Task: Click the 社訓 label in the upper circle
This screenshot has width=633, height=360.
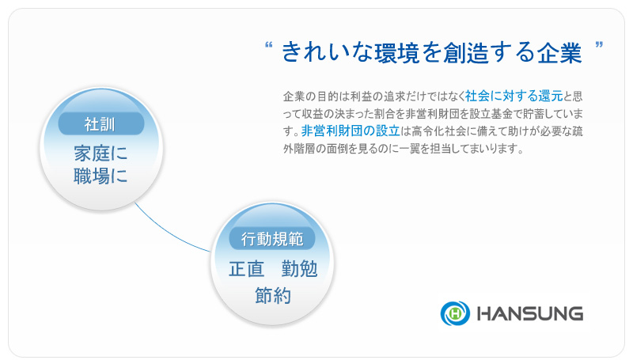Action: (x=101, y=123)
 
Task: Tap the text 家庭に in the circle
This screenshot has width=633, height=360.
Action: (x=100, y=153)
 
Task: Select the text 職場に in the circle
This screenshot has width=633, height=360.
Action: (x=100, y=176)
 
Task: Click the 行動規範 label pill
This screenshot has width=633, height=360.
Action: (x=272, y=238)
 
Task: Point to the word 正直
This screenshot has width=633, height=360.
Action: (x=246, y=269)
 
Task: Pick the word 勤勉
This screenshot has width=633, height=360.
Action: (x=299, y=269)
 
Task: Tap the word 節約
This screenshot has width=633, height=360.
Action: (x=272, y=296)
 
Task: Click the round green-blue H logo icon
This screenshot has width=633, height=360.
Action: (x=455, y=313)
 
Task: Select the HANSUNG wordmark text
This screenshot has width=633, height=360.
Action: (x=530, y=313)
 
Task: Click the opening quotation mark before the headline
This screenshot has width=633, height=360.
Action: (x=268, y=45)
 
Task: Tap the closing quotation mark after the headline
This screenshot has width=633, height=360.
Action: (x=599, y=44)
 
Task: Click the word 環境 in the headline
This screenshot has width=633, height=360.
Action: (x=397, y=52)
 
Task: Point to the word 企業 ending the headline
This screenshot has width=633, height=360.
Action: (x=559, y=52)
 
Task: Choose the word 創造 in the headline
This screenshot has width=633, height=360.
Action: (x=465, y=52)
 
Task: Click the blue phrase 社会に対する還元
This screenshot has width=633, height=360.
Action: (x=514, y=96)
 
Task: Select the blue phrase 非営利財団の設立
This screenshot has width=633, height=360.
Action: (x=351, y=131)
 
